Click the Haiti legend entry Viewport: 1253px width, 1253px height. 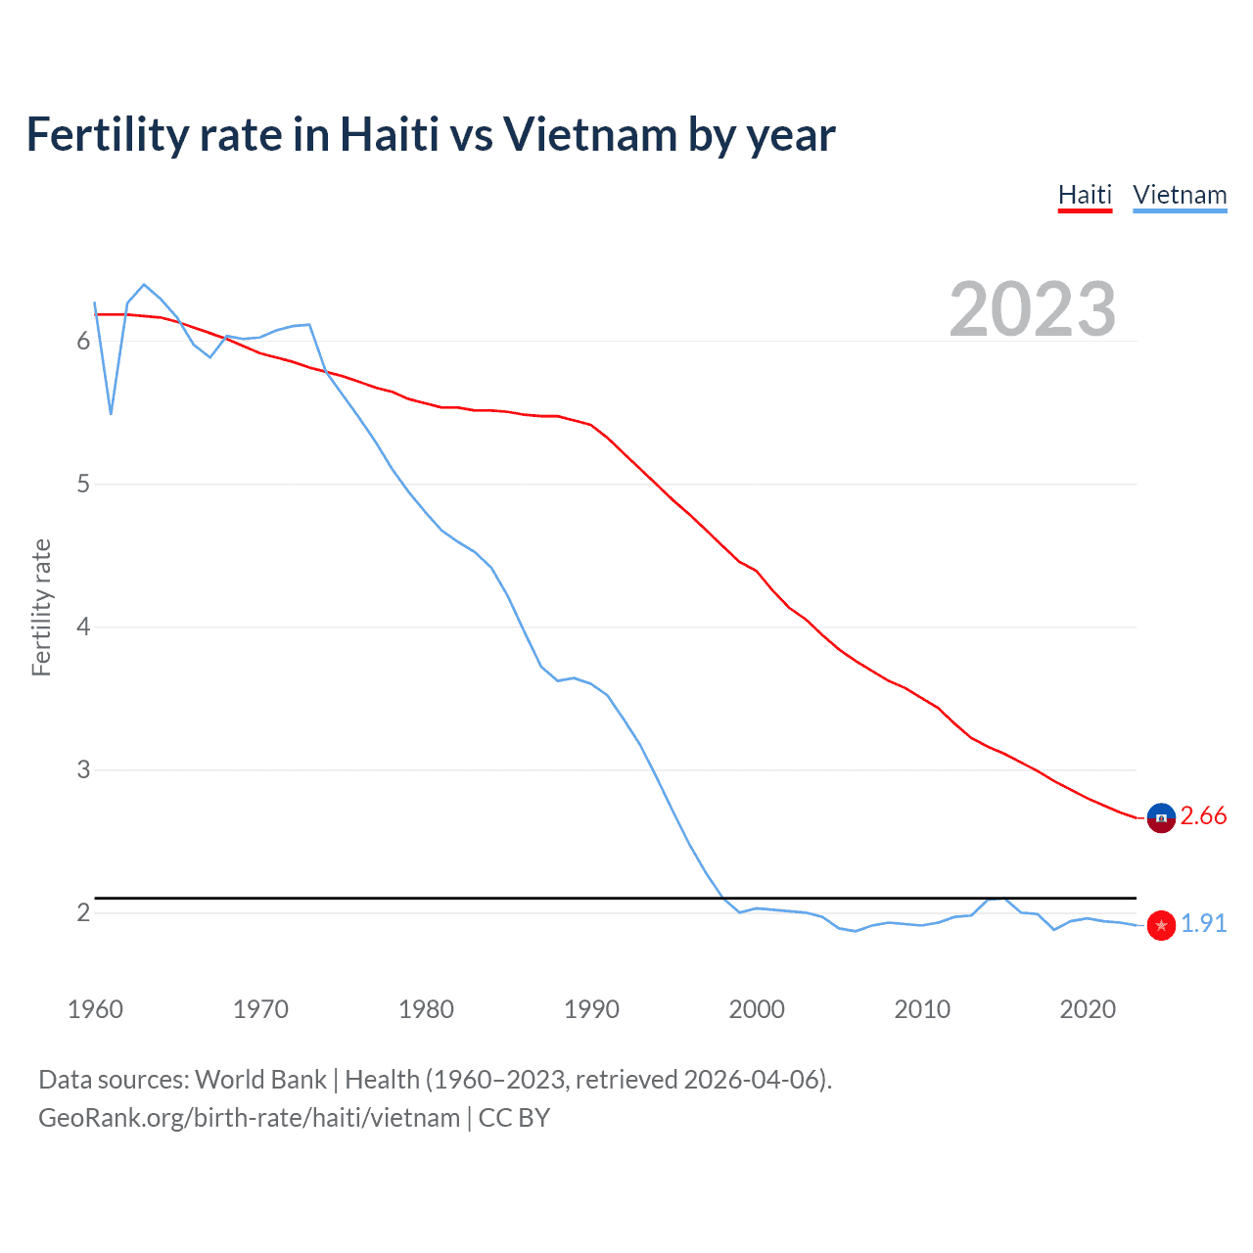(1085, 195)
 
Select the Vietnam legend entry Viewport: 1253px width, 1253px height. (1180, 195)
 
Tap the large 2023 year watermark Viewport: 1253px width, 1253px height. (1032, 309)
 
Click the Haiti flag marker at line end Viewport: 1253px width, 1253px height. (1161, 817)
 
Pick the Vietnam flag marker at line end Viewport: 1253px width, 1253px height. (1161, 925)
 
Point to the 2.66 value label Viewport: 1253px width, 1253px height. (1203, 816)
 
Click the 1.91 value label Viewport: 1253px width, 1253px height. (1203, 924)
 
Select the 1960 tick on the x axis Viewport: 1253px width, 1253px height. (95, 1009)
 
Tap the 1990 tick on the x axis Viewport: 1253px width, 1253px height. (591, 1009)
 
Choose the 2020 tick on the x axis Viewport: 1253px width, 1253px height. (1088, 1009)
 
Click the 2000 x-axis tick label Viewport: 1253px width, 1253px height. (757, 1009)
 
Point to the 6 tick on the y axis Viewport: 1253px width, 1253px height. (83, 342)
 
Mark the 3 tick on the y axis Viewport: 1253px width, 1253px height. (83, 770)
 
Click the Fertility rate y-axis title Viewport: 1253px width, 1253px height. (41, 607)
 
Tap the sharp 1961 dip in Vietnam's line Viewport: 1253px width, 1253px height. (112, 413)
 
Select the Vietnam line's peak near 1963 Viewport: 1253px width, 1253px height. (144, 285)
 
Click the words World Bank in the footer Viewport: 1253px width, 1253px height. (260, 1080)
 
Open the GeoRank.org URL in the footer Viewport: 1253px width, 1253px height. (249, 1118)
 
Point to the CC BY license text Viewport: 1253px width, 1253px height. (514, 1118)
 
